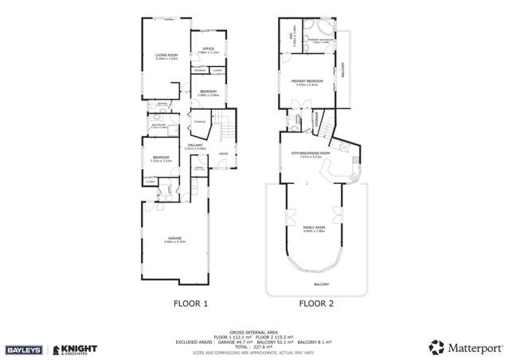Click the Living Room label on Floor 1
pyautogui.click(x=165, y=56)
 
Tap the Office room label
pyautogui.click(x=208, y=50)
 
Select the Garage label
pyautogui.click(x=174, y=239)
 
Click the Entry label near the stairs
pyautogui.click(x=224, y=154)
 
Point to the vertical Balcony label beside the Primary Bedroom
pyautogui.click(x=343, y=72)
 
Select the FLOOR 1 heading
pyautogui.click(x=190, y=303)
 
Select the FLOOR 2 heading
pyautogui.click(x=316, y=303)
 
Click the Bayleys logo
pyautogui.click(x=24, y=349)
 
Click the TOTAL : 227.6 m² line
pyautogui.click(x=254, y=346)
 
